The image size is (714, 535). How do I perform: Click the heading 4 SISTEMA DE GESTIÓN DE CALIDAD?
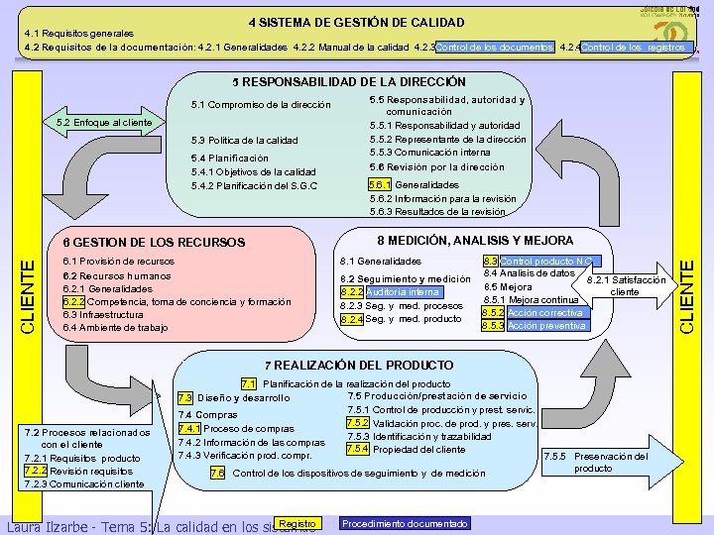pos(356,22)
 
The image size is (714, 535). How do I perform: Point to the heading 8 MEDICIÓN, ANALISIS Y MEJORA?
pos(474,241)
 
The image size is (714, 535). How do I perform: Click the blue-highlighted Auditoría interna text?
pos(402,292)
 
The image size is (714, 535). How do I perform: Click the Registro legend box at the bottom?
pos(298,523)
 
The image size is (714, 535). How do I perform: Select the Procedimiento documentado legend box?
pos(405,523)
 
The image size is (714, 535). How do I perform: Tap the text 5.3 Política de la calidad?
pos(244,140)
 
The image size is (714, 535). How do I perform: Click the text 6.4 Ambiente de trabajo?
pos(115,327)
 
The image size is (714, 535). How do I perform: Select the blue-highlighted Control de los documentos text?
pos(494,47)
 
